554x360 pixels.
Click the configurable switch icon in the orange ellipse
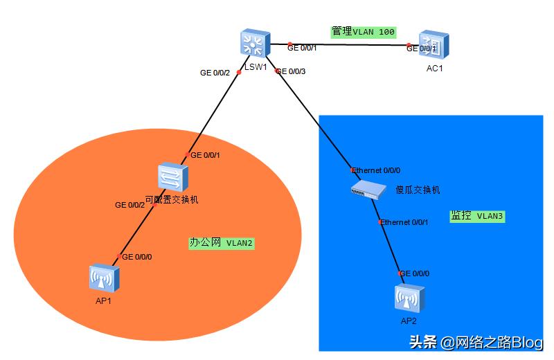pyautogui.click(x=170, y=177)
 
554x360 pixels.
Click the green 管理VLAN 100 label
pyautogui.click(x=363, y=32)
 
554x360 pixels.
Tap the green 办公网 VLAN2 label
pyautogui.click(x=222, y=243)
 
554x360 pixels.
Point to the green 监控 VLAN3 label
pyautogui.click(x=477, y=216)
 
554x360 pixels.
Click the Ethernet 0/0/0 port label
pyautogui.click(x=376, y=170)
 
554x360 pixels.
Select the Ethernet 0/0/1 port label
pyautogui.click(x=405, y=222)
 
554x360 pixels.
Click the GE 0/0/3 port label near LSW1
pyautogui.click(x=291, y=71)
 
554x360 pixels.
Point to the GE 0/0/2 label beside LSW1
pyautogui.click(x=215, y=73)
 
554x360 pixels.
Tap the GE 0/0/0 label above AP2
pyautogui.click(x=415, y=273)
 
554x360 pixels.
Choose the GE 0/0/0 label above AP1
pyautogui.click(x=137, y=257)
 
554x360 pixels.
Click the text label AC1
pyautogui.click(x=434, y=69)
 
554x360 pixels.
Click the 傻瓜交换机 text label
pyautogui.click(x=418, y=190)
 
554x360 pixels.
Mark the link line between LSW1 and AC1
pyautogui.click(x=346, y=46)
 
